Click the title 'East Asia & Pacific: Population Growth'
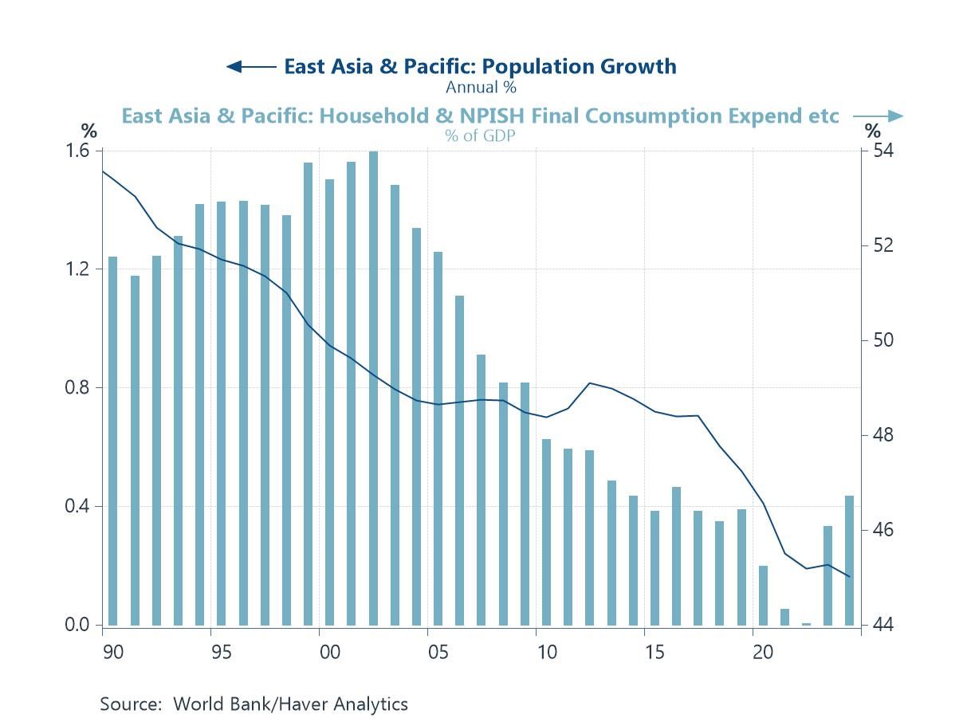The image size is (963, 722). pyautogui.click(x=480, y=66)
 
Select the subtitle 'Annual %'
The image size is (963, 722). pyautogui.click(x=481, y=87)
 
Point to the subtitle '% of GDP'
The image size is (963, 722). pyautogui.click(x=480, y=135)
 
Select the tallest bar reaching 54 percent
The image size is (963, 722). pyautogui.click(x=373, y=388)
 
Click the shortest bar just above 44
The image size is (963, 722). pyautogui.click(x=806, y=624)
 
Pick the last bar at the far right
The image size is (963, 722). pyautogui.click(x=849, y=560)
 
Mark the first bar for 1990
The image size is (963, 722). pyautogui.click(x=113, y=441)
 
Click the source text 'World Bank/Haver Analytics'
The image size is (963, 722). pyautogui.click(x=290, y=704)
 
